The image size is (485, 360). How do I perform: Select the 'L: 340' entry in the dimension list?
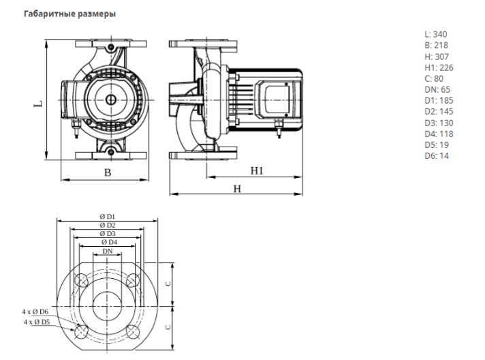coord(436,34)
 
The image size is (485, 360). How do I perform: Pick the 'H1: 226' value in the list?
coord(438,67)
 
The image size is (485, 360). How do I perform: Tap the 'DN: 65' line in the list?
coord(437,89)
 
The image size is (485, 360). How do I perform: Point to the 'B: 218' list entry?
coord(436,45)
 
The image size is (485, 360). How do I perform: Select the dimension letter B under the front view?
coord(107,172)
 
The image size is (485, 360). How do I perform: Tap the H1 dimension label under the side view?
coord(256,170)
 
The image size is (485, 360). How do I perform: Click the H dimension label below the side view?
coord(237,188)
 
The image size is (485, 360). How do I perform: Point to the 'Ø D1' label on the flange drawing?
coord(107,216)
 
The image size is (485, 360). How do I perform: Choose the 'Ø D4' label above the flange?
coord(108,242)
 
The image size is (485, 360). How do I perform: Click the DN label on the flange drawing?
coord(107,252)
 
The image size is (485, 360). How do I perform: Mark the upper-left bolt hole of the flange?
coord(82,280)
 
